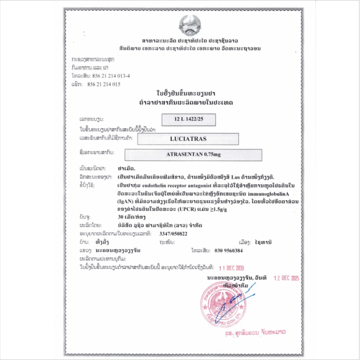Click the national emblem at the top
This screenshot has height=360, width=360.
[x=190, y=25]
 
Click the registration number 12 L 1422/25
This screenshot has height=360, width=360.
[x=188, y=120]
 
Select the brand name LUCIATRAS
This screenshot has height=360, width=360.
[x=188, y=139]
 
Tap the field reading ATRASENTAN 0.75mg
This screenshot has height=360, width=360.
[x=193, y=155]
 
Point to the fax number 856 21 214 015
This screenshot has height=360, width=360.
[x=106, y=84]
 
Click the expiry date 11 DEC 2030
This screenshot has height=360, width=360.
[x=231, y=268]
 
